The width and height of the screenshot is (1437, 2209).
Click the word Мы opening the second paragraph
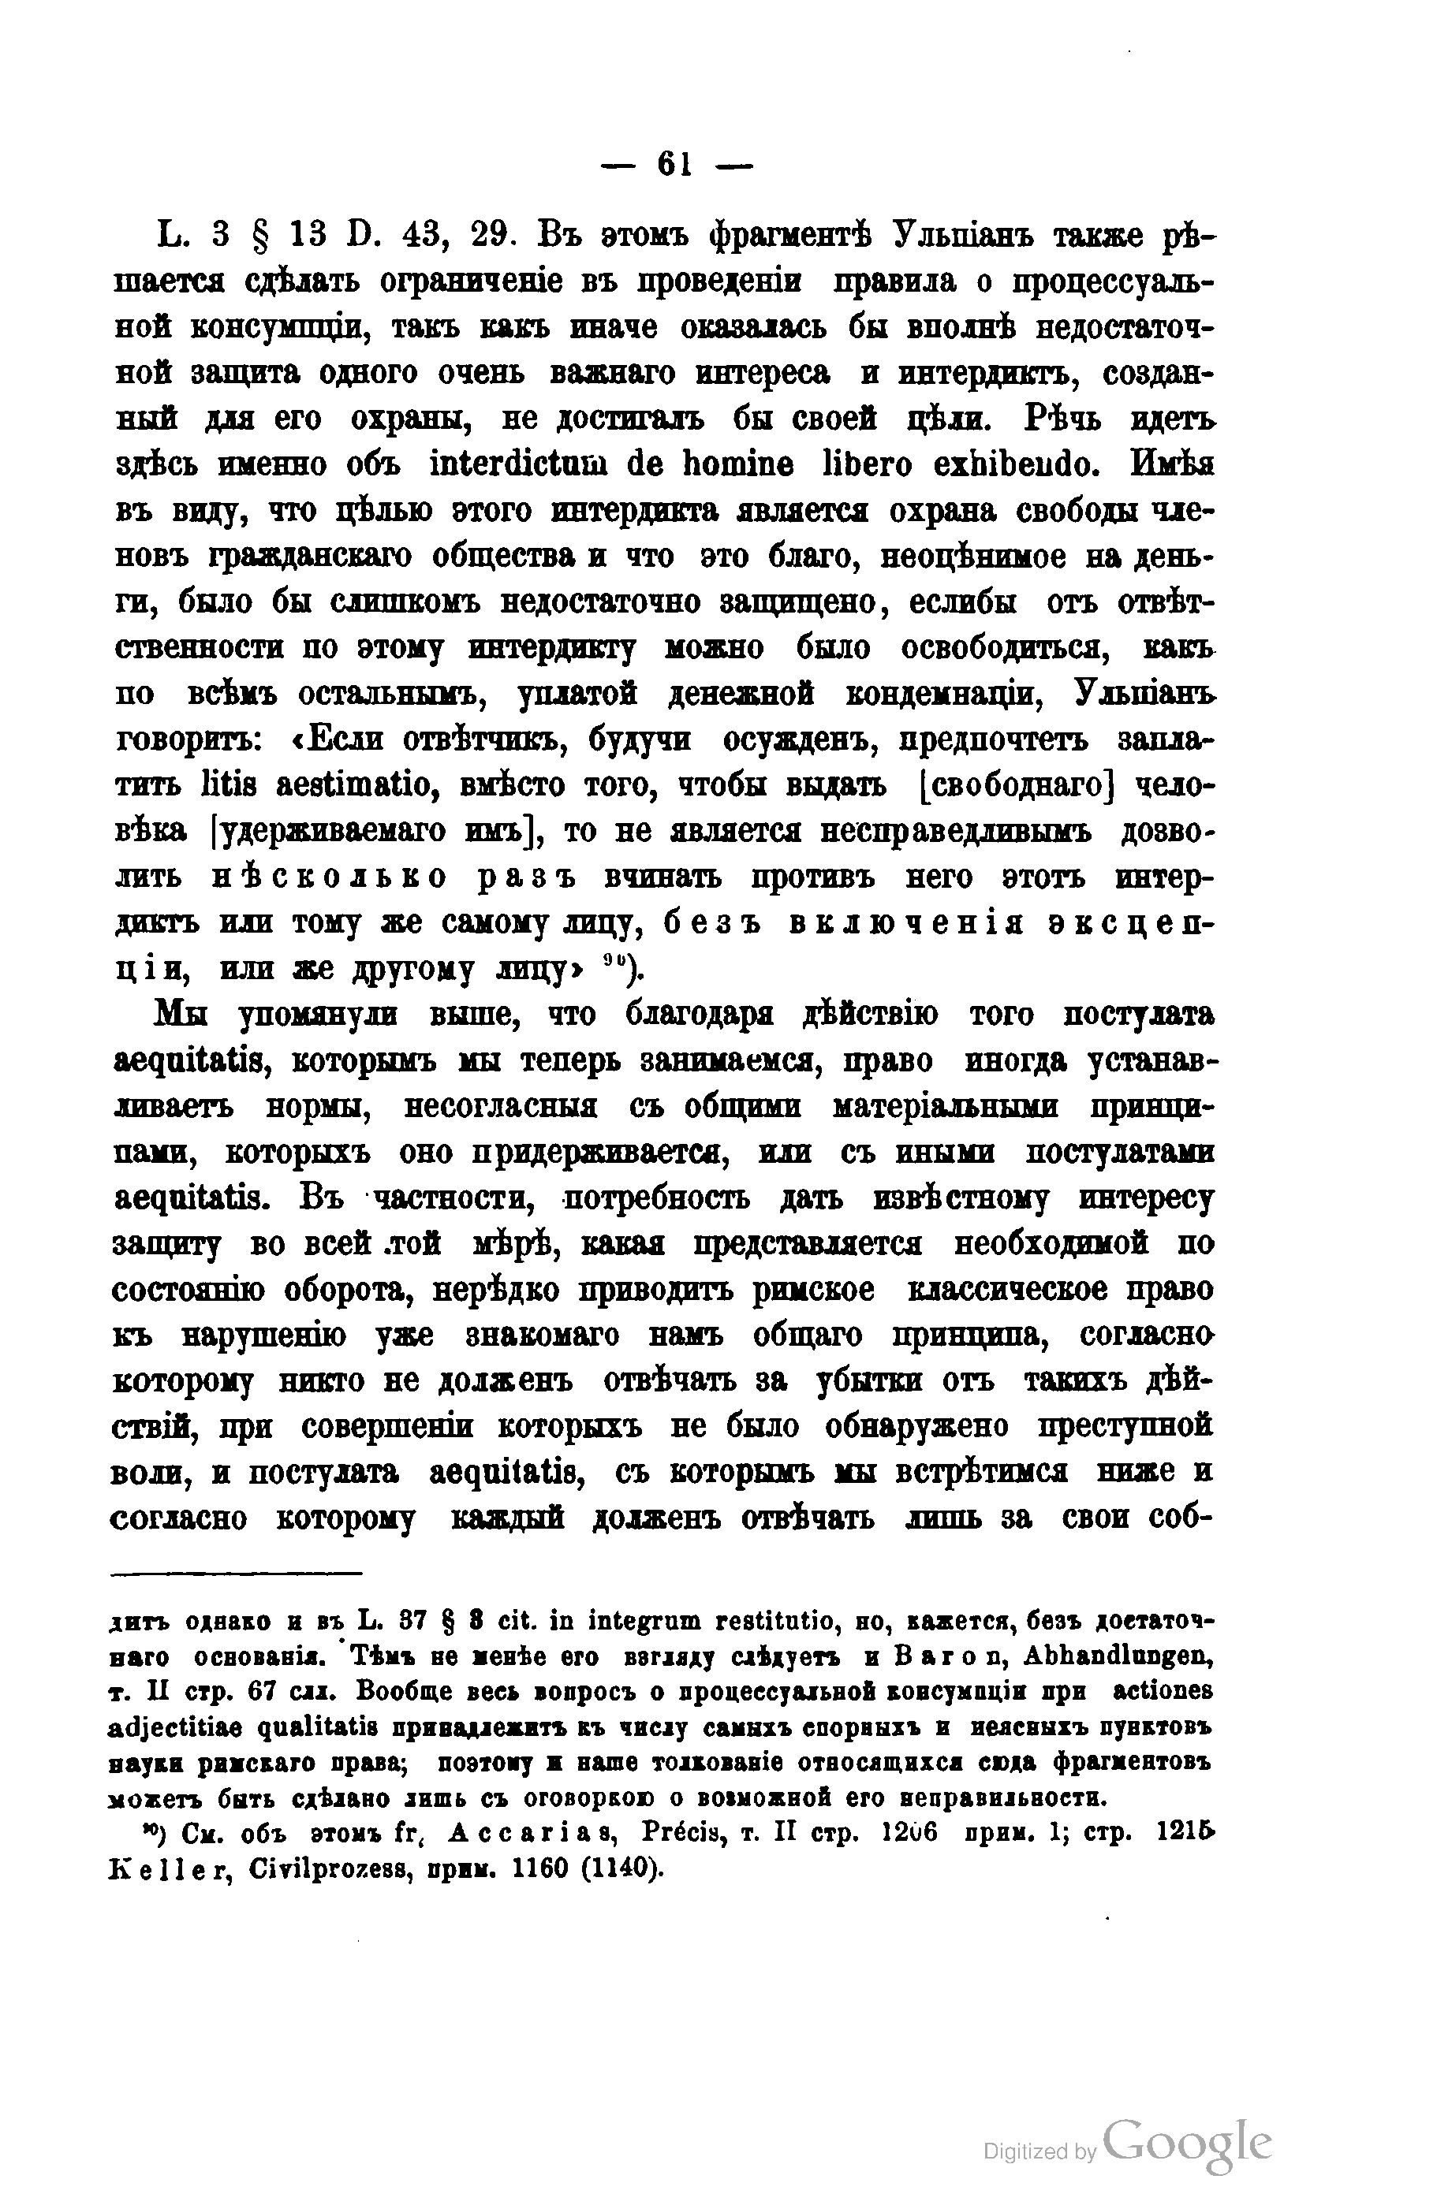(182, 1015)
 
